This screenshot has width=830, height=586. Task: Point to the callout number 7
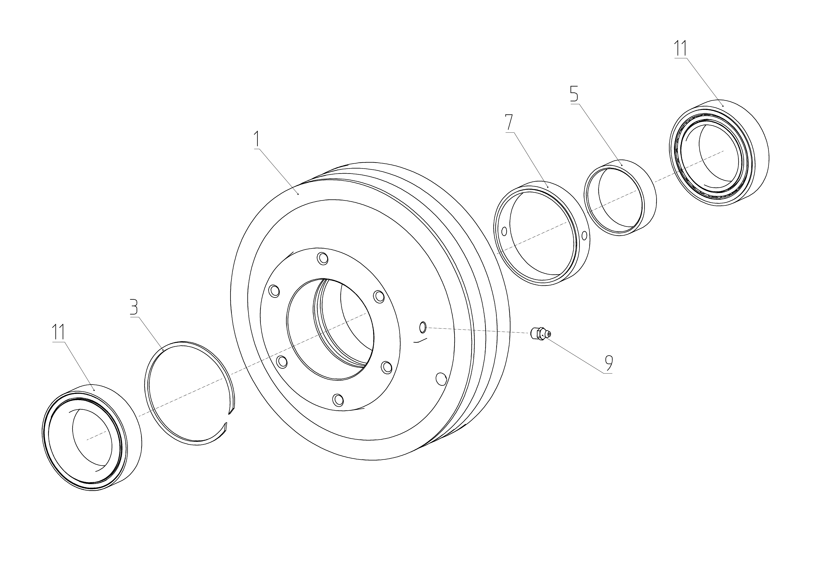tap(509, 123)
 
